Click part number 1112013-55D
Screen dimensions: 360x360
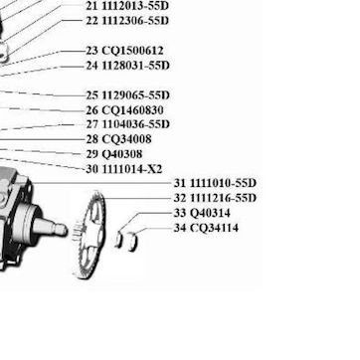135,6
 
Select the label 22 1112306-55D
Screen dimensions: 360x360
127,21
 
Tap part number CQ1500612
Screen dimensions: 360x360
132,51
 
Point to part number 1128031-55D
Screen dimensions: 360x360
135,66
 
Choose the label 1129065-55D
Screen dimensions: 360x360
135,95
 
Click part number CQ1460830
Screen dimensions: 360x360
132,110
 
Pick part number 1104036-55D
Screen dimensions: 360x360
135,124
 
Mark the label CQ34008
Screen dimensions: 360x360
126,139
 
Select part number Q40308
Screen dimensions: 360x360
122,154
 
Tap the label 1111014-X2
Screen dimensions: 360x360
132,169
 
